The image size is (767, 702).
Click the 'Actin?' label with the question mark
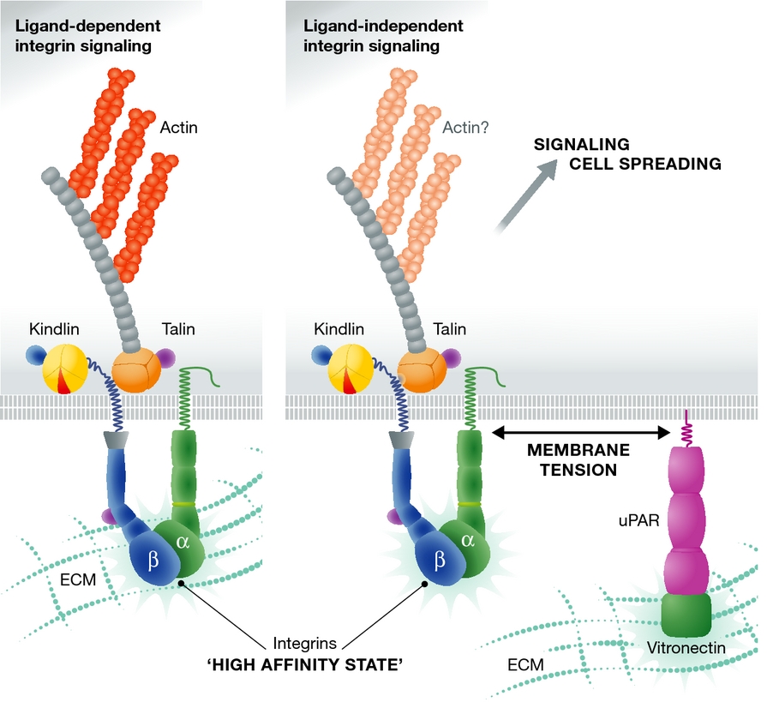pos(465,129)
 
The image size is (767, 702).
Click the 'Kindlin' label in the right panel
pos(339,329)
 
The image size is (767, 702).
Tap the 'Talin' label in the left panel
pos(179,329)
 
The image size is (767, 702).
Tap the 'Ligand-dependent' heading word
pos(87,26)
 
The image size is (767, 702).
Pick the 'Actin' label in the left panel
pos(178,129)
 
